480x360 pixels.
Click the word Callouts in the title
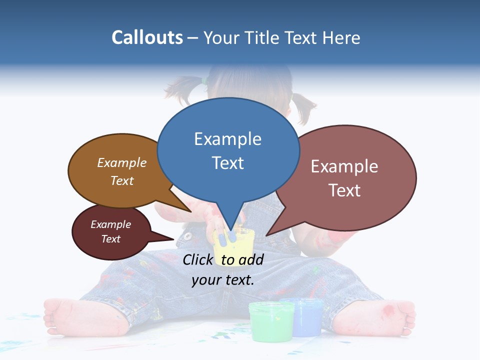(x=147, y=37)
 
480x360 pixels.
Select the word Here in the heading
(x=342, y=37)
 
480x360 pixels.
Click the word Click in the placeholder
(x=197, y=260)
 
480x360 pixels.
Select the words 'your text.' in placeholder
(x=223, y=280)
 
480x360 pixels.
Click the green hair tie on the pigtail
(x=204, y=80)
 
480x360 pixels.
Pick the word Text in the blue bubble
(x=228, y=163)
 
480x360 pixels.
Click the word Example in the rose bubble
(x=344, y=166)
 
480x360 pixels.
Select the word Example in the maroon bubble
(x=111, y=224)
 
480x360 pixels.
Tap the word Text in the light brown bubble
(x=122, y=180)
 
